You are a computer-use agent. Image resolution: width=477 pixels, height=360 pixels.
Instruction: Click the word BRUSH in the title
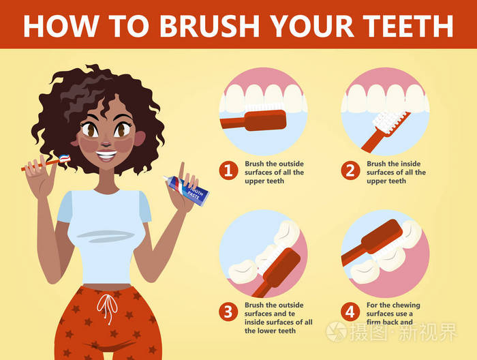point(209,25)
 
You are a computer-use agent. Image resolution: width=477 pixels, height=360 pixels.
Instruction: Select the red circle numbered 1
point(228,170)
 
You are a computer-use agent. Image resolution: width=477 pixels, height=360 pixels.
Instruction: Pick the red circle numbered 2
point(350,170)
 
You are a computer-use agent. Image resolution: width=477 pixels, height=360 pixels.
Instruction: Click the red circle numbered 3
point(228,312)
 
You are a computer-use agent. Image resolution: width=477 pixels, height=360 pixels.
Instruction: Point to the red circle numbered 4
point(350,312)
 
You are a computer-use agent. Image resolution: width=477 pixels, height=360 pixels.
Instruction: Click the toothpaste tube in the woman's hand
point(186,190)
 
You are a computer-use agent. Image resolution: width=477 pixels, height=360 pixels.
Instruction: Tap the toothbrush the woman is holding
point(46,162)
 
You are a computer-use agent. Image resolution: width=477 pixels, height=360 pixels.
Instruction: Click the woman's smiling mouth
point(106,155)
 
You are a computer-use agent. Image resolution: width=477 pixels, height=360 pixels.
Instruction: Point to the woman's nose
point(105,142)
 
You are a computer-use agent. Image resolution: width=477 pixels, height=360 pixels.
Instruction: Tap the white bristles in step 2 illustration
point(386,121)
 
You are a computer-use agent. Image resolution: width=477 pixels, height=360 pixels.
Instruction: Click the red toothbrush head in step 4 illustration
point(382,237)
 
